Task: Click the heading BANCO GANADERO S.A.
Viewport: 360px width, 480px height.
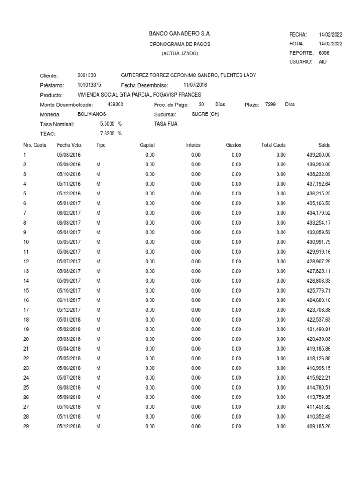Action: pos(180,34)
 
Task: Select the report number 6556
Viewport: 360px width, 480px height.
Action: pos(324,53)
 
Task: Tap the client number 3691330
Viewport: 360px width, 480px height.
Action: pos(87,75)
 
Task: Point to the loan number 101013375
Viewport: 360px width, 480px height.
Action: pos(89,85)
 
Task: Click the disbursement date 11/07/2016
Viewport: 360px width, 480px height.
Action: pos(195,85)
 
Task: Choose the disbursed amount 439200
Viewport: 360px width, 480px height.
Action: pos(115,104)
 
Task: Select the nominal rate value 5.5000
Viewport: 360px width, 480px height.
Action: pos(107,124)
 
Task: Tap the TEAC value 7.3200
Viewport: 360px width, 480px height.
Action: pos(107,134)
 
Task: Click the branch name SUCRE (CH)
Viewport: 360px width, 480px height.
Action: pos(205,114)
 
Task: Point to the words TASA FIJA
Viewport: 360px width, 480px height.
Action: pos(165,124)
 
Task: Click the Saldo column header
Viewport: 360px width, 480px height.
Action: pos(324,145)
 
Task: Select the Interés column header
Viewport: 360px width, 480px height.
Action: pos(193,145)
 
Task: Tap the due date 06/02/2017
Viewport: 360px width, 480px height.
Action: pos(69,213)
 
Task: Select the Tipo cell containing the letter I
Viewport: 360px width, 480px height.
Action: pos(97,155)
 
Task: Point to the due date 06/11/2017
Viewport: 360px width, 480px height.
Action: pos(69,300)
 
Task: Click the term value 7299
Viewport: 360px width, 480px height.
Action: pos(270,104)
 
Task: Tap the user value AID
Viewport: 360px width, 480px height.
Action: pos(322,62)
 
